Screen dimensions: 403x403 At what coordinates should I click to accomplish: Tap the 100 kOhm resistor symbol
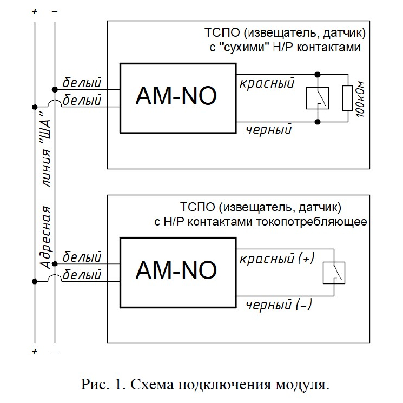tap(347, 98)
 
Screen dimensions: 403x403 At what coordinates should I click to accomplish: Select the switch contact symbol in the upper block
tap(318, 98)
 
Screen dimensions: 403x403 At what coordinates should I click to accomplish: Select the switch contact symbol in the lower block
tap(334, 273)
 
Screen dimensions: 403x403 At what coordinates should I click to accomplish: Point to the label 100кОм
tap(361, 100)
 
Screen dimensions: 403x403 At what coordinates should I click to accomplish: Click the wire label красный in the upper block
tap(267, 83)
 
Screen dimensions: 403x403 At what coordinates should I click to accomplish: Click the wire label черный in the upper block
tap(269, 129)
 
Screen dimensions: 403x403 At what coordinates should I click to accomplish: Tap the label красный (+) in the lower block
tap(277, 258)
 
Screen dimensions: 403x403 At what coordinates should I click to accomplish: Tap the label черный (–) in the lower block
tap(279, 305)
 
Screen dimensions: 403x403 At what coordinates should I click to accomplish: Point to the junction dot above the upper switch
tap(318, 75)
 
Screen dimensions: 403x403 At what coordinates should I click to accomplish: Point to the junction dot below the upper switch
tap(318, 122)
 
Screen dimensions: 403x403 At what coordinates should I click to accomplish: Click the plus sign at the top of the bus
tap(35, 11)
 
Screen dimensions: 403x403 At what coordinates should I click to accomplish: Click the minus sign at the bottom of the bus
tap(55, 351)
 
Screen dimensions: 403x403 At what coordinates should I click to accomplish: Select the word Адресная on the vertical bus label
tap(46, 237)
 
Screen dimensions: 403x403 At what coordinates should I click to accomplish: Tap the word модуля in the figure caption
tap(302, 385)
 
